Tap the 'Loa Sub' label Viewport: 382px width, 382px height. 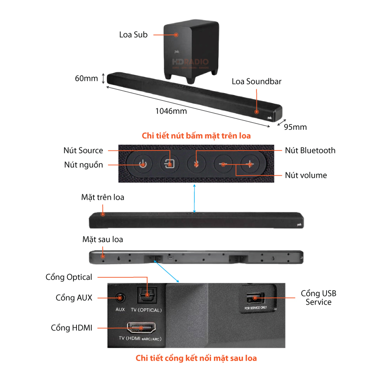click(133, 34)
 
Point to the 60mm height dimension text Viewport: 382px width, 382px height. click(86, 78)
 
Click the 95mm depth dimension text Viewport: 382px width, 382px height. click(295, 127)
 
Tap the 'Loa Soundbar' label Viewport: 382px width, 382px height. click(256, 81)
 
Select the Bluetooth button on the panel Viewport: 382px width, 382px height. click(196, 165)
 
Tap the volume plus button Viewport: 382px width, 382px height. click(249, 165)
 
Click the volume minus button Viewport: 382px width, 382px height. click(223, 165)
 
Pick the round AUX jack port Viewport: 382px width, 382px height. click(119, 298)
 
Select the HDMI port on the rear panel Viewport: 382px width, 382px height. click(140, 328)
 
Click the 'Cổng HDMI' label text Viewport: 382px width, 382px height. click(71, 328)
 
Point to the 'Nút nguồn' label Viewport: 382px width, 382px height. click(84, 165)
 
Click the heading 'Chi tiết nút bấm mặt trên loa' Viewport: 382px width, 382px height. click(196, 136)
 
